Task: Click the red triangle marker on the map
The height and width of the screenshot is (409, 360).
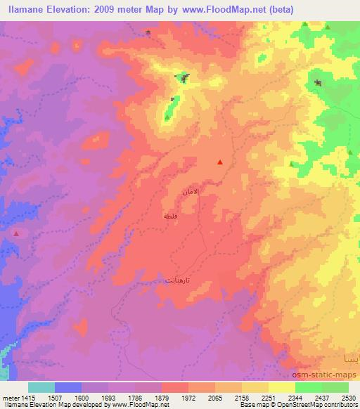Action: coord(220,162)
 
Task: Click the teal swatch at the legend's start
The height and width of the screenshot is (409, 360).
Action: coord(41,387)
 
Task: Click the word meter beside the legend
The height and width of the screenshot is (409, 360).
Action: coord(11,398)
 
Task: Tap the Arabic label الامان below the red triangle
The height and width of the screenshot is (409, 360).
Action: coord(191,190)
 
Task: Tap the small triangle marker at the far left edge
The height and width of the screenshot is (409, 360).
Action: coord(16,233)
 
